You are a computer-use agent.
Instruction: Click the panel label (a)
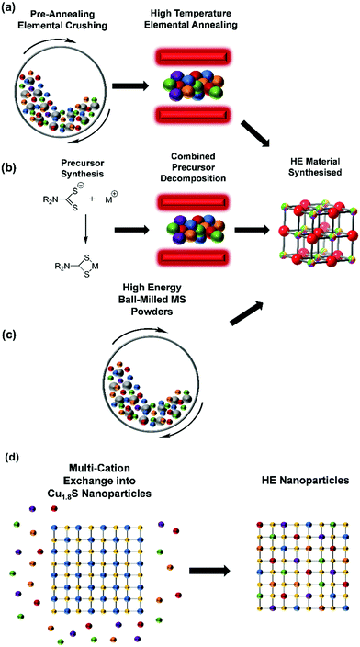13,11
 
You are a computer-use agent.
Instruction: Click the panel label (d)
13,455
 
